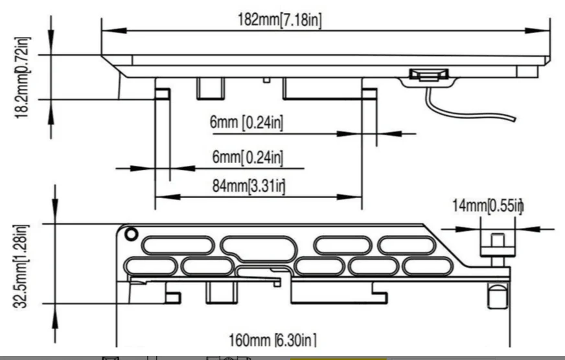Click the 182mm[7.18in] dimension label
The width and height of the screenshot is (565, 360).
tap(279, 19)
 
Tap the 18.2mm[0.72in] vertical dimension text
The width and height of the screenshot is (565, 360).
tap(21, 78)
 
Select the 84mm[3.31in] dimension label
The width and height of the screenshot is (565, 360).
tap(249, 186)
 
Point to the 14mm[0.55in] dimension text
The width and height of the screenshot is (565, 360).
tap(487, 205)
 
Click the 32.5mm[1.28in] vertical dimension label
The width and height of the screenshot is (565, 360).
tap(21, 267)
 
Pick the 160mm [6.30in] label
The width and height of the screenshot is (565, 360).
tap(273, 340)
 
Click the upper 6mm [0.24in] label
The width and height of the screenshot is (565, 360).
tap(246, 122)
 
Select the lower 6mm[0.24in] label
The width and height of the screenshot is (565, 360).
tap(248, 157)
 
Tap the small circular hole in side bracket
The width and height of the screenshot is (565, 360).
tap(131, 234)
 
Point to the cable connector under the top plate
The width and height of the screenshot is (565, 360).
tap(429, 75)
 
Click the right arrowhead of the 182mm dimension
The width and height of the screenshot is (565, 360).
tap(537, 30)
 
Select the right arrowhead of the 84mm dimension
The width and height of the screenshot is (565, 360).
tap(349, 197)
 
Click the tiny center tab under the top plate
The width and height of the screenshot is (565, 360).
tap(266, 80)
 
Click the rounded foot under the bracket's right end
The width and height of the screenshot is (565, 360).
tap(498, 295)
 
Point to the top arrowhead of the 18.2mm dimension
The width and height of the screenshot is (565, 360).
tap(51, 43)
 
